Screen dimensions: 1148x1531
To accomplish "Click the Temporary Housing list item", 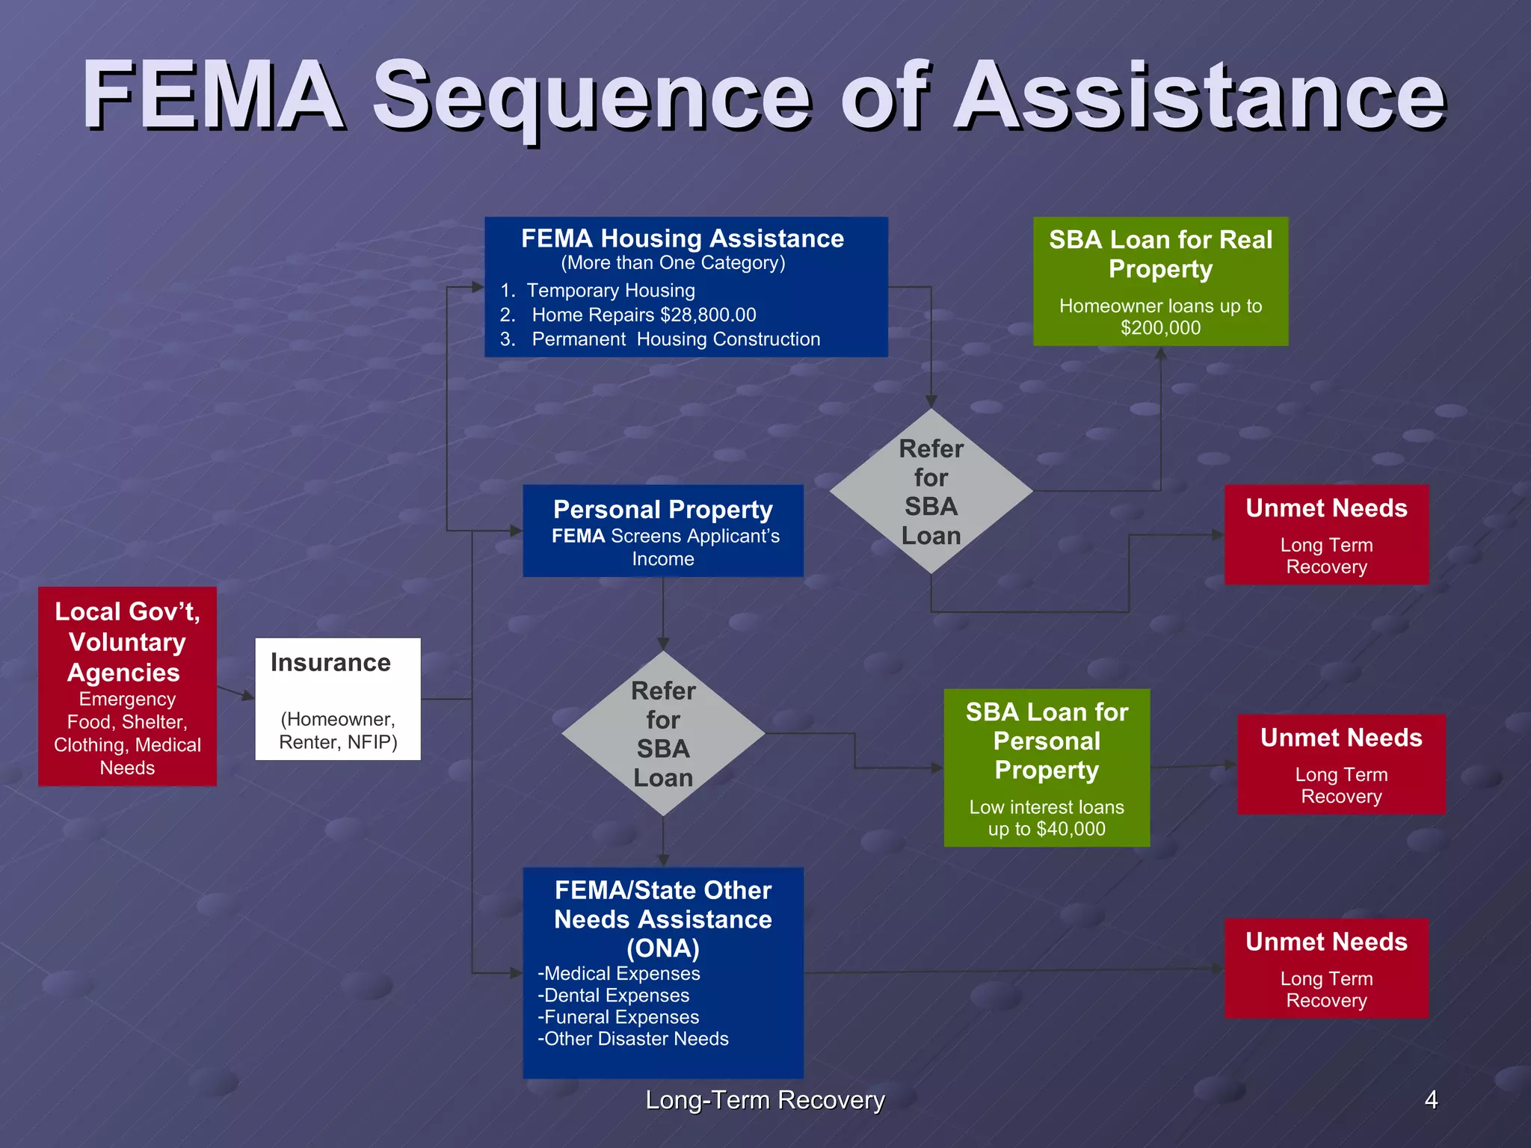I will click(x=610, y=290).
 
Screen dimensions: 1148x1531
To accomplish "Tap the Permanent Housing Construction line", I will click(x=675, y=339).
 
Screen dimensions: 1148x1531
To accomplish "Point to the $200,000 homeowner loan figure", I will click(x=1160, y=328).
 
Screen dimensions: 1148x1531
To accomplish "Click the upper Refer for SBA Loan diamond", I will click(x=931, y=492).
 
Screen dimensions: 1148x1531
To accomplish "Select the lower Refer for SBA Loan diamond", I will click(x=663, y=734).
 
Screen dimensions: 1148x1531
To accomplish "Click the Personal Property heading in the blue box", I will click(x=662, y=510).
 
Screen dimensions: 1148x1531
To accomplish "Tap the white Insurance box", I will click(x=338, y=699).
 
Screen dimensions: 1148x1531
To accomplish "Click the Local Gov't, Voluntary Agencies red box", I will click(x=127, y=686).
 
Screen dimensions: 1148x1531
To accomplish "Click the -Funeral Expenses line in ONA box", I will click(x=618, y=1017).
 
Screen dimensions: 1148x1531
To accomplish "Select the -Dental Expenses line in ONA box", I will click(x=614, y=996).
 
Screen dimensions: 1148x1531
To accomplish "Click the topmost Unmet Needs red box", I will click(x=1326, y=534).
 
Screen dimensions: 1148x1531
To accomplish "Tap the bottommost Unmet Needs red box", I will click(x=1326, y=969).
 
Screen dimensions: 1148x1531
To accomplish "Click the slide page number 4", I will click(x=1431, y=1099).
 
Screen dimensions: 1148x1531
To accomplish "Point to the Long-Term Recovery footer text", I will click(x=765, y=1100).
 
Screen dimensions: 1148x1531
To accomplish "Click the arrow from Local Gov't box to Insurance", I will click(x=236, y=693).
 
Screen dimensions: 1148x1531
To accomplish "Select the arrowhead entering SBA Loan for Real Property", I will click(x=1161, y=354).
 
